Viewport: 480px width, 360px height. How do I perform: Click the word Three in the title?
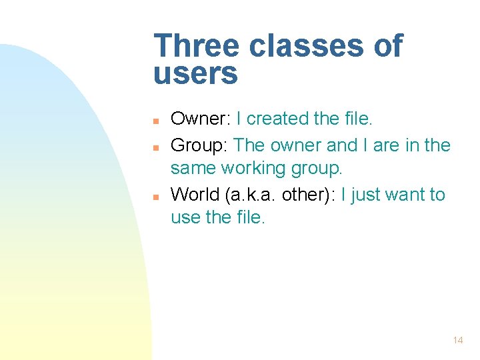point(197,47)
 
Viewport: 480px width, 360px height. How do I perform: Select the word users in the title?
point(195,74)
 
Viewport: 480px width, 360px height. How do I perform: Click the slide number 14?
point(457,340)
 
